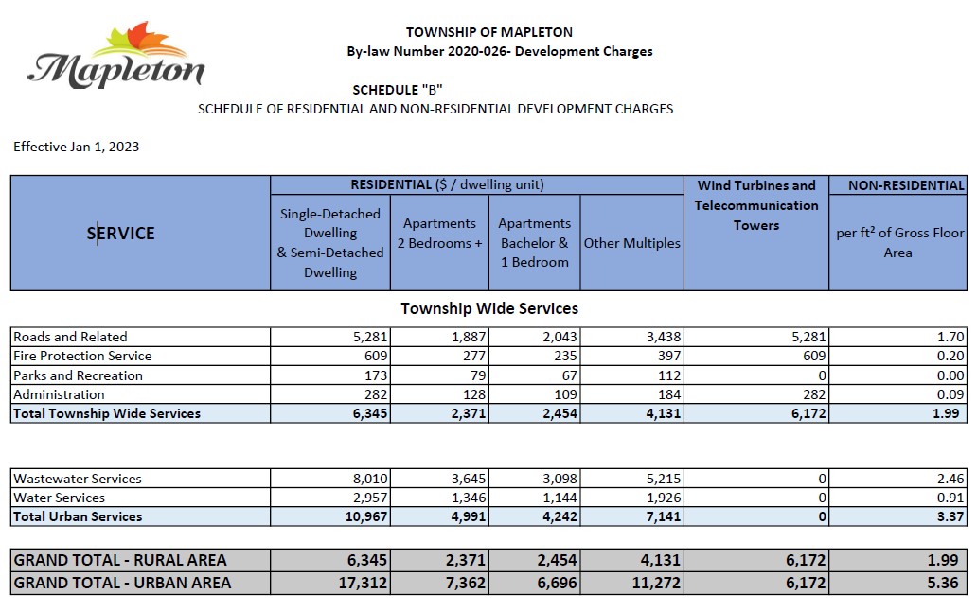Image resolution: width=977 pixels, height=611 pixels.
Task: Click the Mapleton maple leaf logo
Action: pyautogui.click(x=116, y=56)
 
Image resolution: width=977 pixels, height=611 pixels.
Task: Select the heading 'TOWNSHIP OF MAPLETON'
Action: pyautogui.click(x=489, y=32)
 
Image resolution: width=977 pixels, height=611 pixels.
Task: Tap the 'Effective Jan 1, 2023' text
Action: pyautogui.click(x=76, y=147)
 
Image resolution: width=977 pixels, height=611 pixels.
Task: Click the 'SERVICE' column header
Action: pyautogui.click(x=120, y=234)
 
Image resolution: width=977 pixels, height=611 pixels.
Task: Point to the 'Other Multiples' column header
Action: pyautogui.click(x=631, y=243)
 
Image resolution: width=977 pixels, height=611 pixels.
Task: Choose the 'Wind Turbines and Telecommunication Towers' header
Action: pyautogui.click(x=756, y=205)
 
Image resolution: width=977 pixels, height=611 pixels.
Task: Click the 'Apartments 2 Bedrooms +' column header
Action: pyautogui.click(x=439, y=234)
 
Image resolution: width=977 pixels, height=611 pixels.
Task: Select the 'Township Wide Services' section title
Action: pyautogui.click(x=489, y=308)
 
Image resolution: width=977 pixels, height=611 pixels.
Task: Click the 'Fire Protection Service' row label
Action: pyautogui.click(x=82, y=356)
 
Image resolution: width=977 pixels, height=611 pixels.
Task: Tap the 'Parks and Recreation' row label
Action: pyautogui.click(x=78, y=375)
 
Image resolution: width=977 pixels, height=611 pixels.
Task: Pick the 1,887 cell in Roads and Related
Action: pyautogui.click(x=469, y=338)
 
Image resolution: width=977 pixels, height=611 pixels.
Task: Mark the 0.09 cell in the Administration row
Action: pyautogui.click(x=950, y=394)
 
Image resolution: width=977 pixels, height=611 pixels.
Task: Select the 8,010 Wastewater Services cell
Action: pyautogui.click(x=370, y=480)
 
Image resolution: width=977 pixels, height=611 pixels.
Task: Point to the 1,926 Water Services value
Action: pyautogui.click(x=664, y=498)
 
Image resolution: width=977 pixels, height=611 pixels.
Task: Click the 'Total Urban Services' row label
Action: pyautogui.click(x=78, y=517)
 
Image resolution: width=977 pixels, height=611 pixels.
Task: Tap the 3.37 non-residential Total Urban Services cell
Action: pyautogui.click(x=950, y=517)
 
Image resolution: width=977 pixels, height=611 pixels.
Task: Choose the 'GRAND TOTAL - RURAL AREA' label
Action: pyautogui.click(x=119, y=561)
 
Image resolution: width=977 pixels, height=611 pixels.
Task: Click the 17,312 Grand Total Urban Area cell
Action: pyautogui.click(x=363, y=584)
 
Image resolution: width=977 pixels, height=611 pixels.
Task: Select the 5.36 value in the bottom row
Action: pyautogui.click(x=943, y=584)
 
